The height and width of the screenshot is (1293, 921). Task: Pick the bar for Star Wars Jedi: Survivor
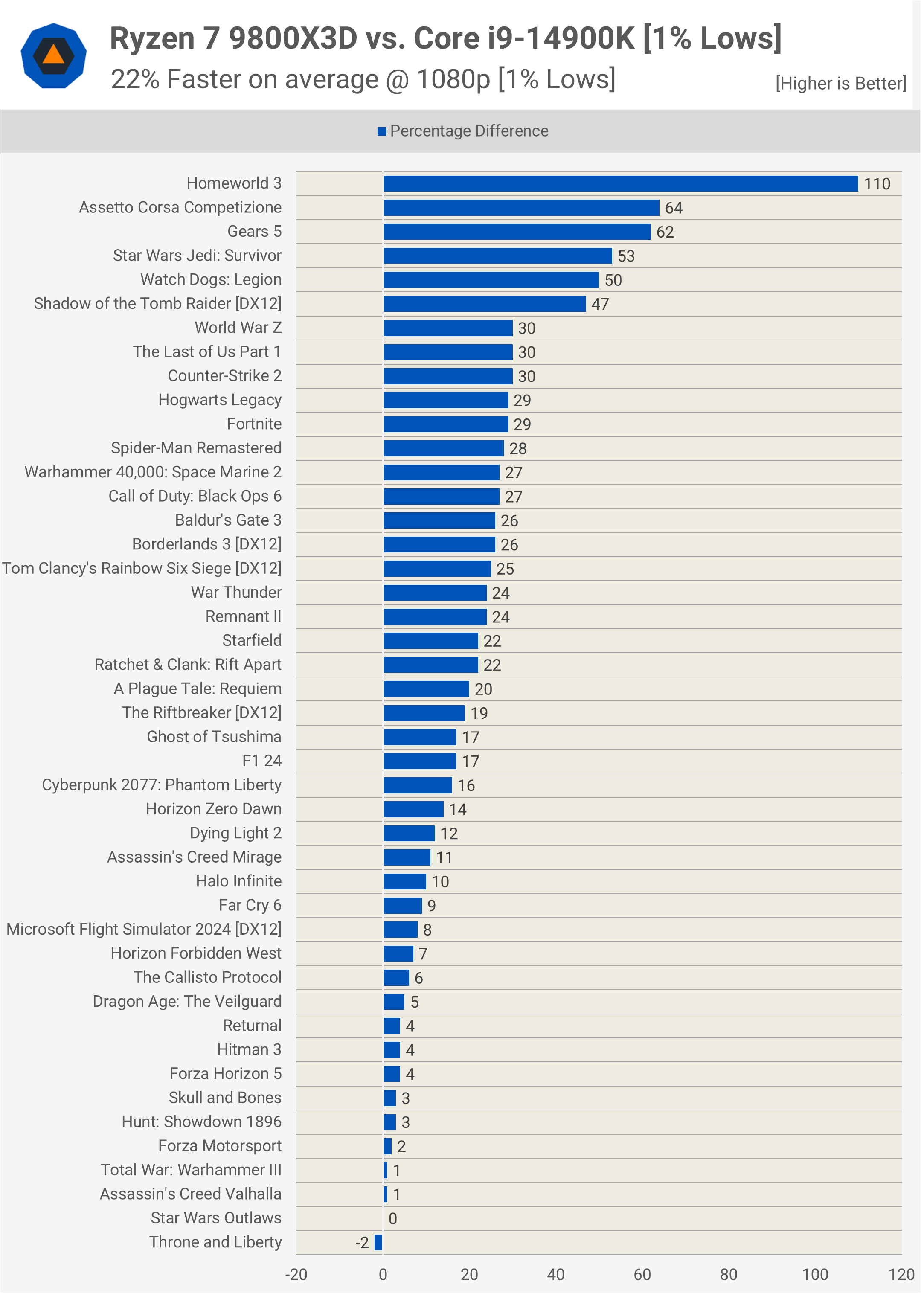497,256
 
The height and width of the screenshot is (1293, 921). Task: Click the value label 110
877,184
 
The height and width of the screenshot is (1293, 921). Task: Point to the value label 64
673,208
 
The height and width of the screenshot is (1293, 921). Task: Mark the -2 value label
362,1243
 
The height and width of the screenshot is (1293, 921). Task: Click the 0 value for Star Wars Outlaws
392,1219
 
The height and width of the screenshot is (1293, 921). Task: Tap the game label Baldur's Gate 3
228,520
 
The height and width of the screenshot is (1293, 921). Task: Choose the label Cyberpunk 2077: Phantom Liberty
162,785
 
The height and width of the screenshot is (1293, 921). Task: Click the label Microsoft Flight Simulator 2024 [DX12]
144,930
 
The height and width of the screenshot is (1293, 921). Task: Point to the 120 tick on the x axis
901,1275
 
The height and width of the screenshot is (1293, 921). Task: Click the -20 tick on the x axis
296,1275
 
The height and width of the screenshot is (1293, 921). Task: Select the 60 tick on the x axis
642,1275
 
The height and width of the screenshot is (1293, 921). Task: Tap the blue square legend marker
382,131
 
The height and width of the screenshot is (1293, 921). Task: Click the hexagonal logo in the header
53,55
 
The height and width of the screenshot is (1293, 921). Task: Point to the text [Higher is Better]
840,83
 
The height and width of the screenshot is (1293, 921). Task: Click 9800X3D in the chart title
293,38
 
